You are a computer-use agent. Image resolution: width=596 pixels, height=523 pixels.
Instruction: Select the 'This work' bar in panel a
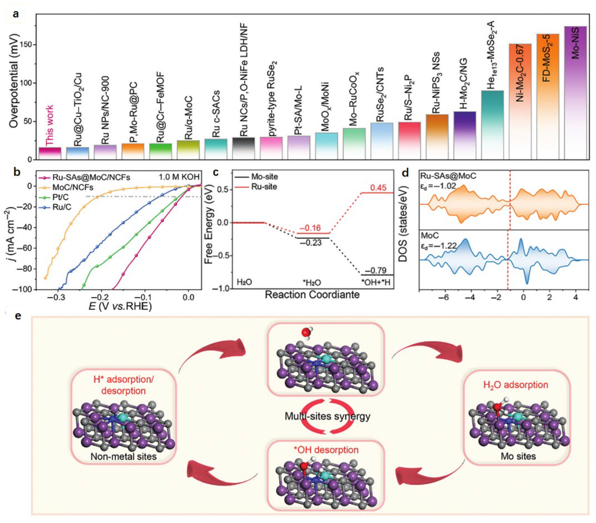point(50,153)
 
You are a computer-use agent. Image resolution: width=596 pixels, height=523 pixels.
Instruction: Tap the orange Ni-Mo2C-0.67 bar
point(520,102)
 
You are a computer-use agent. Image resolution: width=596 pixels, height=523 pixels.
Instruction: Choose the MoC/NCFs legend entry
point(73,187)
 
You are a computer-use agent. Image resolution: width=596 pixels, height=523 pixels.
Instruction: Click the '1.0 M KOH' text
point(179,177)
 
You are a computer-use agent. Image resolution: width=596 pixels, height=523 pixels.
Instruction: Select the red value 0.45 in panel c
point(378,188)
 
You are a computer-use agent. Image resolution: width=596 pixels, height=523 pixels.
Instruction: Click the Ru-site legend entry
point(264,187)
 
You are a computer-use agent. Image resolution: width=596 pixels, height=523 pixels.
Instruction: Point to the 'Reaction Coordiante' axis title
point(312,295)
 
